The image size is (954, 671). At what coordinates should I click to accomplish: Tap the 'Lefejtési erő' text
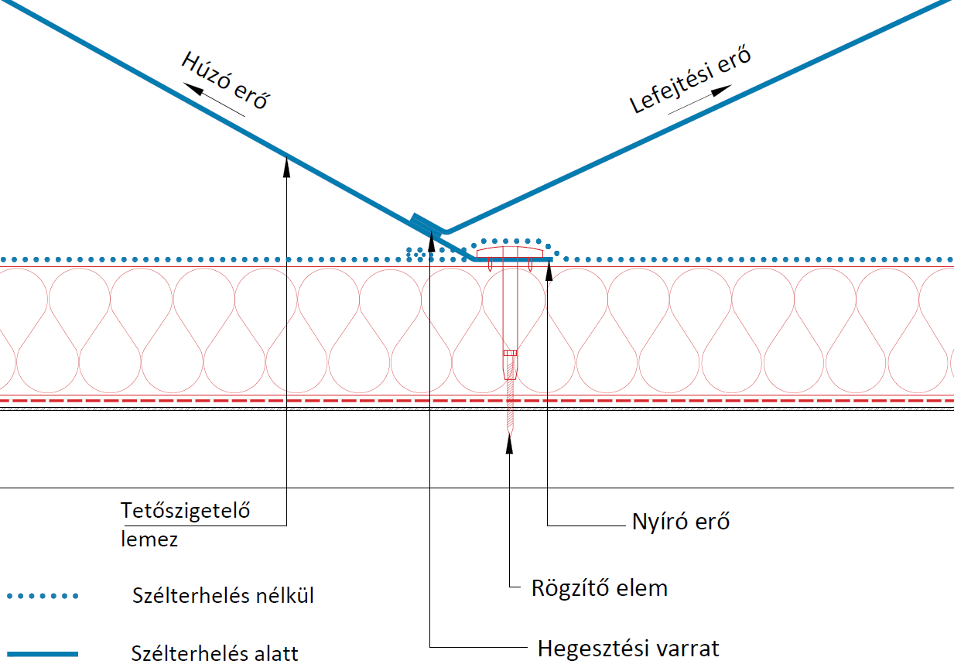coord(691,80)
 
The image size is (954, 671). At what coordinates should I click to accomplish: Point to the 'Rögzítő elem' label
coord(599,588)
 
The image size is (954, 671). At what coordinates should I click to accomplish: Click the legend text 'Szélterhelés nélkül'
coord(223,597)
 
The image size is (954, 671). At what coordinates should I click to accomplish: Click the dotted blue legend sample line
coord(43,596)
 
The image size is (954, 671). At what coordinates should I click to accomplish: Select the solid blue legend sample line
coord(43,654)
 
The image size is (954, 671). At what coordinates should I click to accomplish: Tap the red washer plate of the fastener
coord(507,252)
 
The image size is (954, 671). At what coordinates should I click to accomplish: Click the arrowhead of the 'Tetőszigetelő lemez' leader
coord(286,162)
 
